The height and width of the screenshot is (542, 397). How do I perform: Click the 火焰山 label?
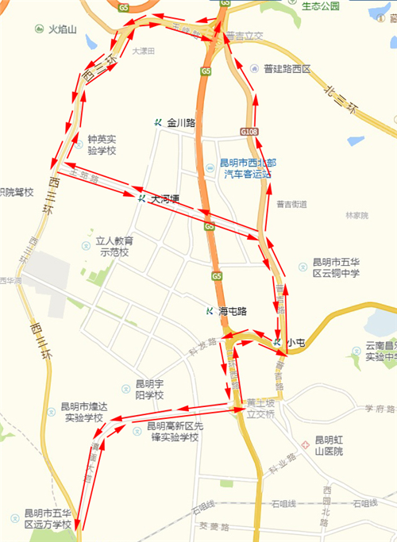(x=63, y=29)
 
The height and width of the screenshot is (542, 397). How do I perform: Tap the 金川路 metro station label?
(x=181, y=122)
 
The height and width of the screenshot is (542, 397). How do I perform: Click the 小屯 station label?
(x=295, y=342)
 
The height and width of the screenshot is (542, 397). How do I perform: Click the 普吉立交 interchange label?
(x=245, y=36)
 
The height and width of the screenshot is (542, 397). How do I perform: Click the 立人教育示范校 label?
(x=112, y=246)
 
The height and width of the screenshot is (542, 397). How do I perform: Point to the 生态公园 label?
(x=322, y=6)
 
